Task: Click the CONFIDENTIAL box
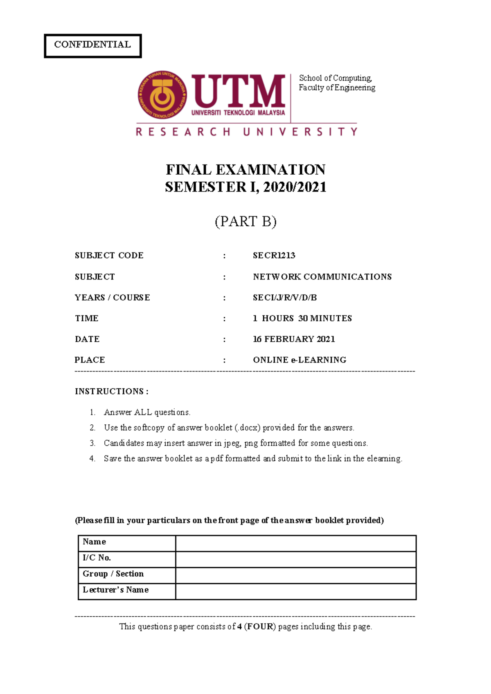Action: point(92,45)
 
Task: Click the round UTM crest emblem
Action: point(163,95)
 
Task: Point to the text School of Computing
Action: point(335,78)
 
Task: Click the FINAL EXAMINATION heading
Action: point(245,169)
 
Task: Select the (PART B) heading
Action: point(245,221)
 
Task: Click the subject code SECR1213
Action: point(274,255)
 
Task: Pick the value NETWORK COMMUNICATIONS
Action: point(322,277)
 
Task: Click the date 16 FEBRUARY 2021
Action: point(294,339)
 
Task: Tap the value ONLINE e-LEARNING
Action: point(300,360)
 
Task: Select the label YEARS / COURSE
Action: point(112,297)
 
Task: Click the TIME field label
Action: point(86,318)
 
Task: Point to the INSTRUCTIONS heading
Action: point(111,391)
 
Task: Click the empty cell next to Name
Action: point(295,543)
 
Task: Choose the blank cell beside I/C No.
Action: point(295,559)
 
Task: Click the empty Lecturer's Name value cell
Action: point(295,591)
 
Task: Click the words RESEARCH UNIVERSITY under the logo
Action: point(246,132)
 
